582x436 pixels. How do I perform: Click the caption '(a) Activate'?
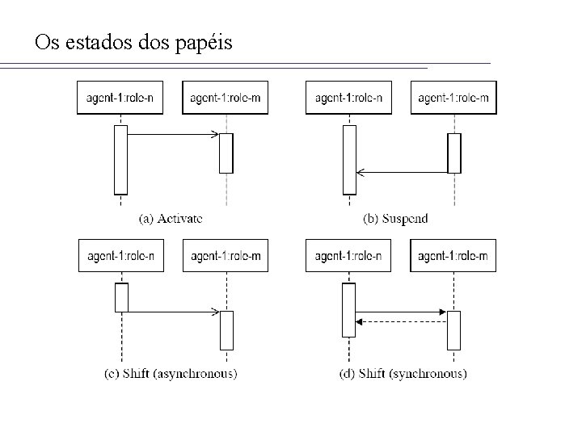pyautogui.click(x=171, y=218)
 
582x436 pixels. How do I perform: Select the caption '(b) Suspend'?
pyautogui.click(x=395, y=218)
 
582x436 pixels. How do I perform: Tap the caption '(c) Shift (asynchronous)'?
pyautogui.click(x=171, y=373)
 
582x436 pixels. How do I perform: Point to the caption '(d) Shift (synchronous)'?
pyautogui.click(x=403, y=373)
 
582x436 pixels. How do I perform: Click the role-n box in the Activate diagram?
pyautogui.click(x=120, y=99)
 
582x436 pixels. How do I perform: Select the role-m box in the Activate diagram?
pyautogui.click(x=226, y=99)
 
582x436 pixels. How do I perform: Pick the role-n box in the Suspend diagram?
pyautogui.click(x=348, y=99)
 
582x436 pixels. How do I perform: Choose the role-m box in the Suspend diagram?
pyautogui.click(x=453, y=99)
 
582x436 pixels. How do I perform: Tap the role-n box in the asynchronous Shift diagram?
pyautogui.click(x=120, y=256)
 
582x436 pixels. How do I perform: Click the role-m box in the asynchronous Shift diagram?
pyautogui.click(x=226, y=256)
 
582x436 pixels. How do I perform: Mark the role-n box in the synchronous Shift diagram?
pyautogui.click(x=348, y=256)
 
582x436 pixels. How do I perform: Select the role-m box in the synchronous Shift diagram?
pyautogui.click(x=453, y=256)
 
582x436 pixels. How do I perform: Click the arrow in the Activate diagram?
pyautogui.click(x=173, y=134)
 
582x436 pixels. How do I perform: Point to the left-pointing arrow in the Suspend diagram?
pyautogui.click(x=402, y=172)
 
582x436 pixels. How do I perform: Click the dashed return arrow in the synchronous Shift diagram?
pyautogui.click(x=402, y=321)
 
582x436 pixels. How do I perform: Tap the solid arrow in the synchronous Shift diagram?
pyautogui.click(x=402, y=312)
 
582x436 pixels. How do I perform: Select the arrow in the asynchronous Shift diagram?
pyautogui.click(x=173, y=311)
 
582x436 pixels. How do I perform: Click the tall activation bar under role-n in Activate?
pyautogui.click(x=120, y=160)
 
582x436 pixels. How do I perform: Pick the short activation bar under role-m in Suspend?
pyautogui.click(x=454, y=153)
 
